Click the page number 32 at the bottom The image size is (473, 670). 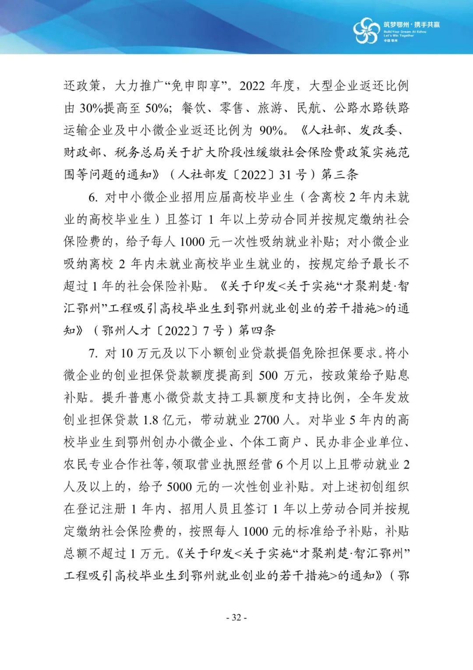pos(236,617)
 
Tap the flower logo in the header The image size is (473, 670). pos(366,31)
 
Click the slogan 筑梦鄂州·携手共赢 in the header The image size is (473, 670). pos(411,25)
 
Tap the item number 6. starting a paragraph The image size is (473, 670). pos(93,197)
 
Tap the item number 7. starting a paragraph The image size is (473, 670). pos(93,353)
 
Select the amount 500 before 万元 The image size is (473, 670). pos(268,375)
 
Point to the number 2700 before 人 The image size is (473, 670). pos(266,420)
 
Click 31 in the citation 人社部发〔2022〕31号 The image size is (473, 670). pos(285,175)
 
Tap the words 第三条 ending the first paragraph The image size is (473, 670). pos(340,175)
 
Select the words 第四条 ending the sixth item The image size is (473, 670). pos(257,331)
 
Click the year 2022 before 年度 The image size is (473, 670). pos(252,86)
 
